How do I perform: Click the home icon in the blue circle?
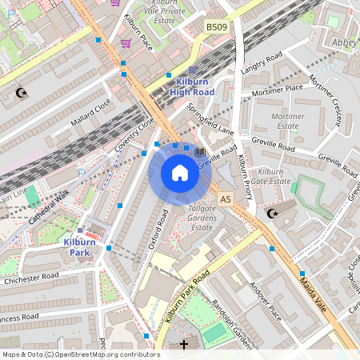tap(180, 173)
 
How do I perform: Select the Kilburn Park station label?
tap(81, 246)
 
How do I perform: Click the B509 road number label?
tap(216, 27)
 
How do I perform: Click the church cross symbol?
tap(184, 344)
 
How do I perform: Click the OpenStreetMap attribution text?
tap(80, 354)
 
